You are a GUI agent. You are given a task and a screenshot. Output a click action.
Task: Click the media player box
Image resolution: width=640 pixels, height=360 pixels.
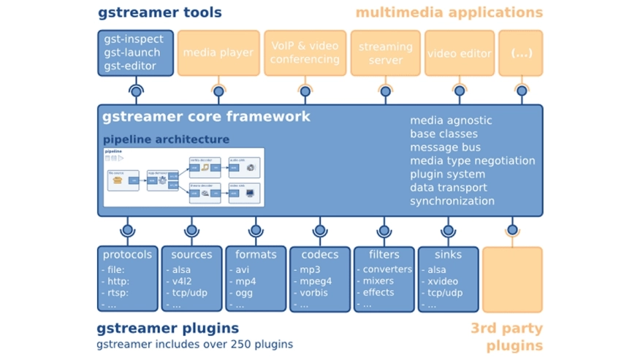pyautogui.click(x=218, y=53)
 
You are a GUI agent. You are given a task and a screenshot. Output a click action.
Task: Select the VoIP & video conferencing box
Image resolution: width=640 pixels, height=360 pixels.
pyautogui.click(x=305, y=53)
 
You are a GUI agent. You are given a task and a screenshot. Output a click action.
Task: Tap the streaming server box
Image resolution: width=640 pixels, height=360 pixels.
pyautogui.click(x=385, y=53)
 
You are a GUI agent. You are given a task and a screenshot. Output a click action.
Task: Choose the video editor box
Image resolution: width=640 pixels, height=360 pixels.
pyautogui.click(x=460, y=53)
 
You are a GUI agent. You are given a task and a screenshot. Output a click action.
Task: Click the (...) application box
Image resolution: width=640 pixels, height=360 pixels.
pyautogui.click(x=521, y=53)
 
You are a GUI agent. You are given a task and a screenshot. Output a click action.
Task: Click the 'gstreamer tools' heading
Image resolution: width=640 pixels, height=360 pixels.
pyautogui.click(x=159, y=12)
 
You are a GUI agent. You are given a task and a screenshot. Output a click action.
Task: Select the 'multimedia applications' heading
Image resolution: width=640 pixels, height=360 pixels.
pyautogui.click(x=449, y=12)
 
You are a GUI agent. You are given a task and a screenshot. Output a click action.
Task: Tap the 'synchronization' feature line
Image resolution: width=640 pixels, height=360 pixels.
pyautogui.click(x=452, y=201)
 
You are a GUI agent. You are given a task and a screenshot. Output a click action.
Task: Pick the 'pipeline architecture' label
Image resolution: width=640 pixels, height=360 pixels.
pyautogui.click(x=166, y=139)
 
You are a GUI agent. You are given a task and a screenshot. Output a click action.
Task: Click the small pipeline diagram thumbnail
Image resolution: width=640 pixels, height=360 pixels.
pyautogui.click(x=183, y=177)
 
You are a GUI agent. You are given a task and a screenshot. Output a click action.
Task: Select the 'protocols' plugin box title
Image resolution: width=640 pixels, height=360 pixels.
pyautogui.click(x=128, y=255)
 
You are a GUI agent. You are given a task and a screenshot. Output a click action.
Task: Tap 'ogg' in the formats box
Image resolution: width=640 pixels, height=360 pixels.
pyautogui.click(x=245, y=293)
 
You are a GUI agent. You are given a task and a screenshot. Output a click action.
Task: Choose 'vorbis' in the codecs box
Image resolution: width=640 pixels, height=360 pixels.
pyautogui.click(x=314, y=293)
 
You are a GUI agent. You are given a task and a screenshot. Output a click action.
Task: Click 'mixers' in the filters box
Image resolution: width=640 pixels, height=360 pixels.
pyautogui.click(x=378, y=281)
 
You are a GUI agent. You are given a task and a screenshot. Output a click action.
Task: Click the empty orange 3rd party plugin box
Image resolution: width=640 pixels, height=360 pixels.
pyautogui.click(x=512, y=280)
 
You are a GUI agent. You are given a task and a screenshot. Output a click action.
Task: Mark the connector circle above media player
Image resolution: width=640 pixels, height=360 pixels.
pyautogui.click(x=218, y=91)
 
